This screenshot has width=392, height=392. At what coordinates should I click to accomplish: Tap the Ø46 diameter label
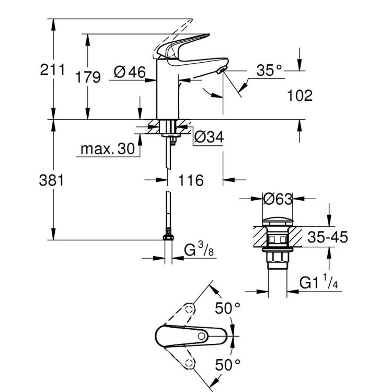tap(129, 73)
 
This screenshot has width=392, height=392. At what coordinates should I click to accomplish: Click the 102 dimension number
tap(299, 96)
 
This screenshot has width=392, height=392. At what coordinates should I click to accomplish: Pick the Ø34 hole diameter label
tap(209, 137)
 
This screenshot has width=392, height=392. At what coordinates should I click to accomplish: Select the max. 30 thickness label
tap(108, 149)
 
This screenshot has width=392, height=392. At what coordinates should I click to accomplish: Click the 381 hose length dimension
tap(53, 180)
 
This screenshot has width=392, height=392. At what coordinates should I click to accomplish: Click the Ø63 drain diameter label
tap(277, 199)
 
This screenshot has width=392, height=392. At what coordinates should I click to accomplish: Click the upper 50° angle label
tap(228, 308)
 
